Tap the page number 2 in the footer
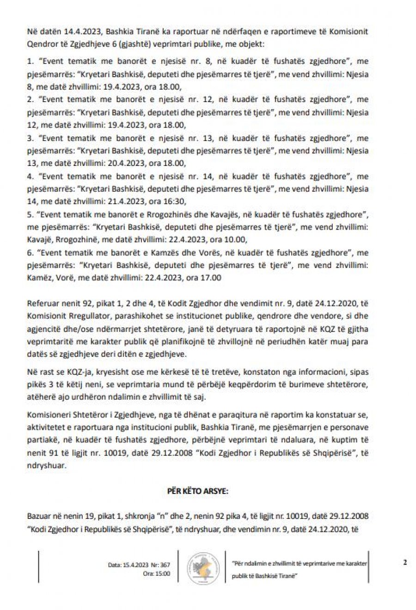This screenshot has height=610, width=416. [405, 562]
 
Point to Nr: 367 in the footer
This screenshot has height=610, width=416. [160, 565]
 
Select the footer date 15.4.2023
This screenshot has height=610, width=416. [135, 565]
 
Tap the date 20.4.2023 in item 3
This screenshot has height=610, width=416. [135, 163]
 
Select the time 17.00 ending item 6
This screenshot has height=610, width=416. [212, 278]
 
